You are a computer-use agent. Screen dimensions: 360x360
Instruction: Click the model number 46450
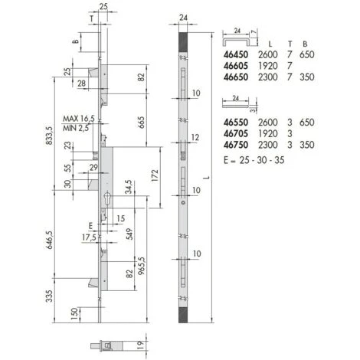pos(236,54)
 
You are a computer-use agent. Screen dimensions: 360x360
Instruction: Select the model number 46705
pos(236,133)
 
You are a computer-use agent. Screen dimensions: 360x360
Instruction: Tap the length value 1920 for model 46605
pos(268,66)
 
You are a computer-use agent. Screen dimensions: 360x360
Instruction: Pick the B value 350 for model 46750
pos(307,145)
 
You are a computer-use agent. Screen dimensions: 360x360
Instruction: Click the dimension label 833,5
pos(49,136)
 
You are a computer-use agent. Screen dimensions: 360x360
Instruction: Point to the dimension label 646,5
pos(49,240)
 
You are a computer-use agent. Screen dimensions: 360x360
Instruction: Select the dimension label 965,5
pos(141,266)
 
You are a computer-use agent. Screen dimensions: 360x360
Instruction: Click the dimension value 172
pos(155,175)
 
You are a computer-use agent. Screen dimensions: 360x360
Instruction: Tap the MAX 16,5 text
pos(79,119)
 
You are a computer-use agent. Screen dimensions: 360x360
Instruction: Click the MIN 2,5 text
pos(76,128)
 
